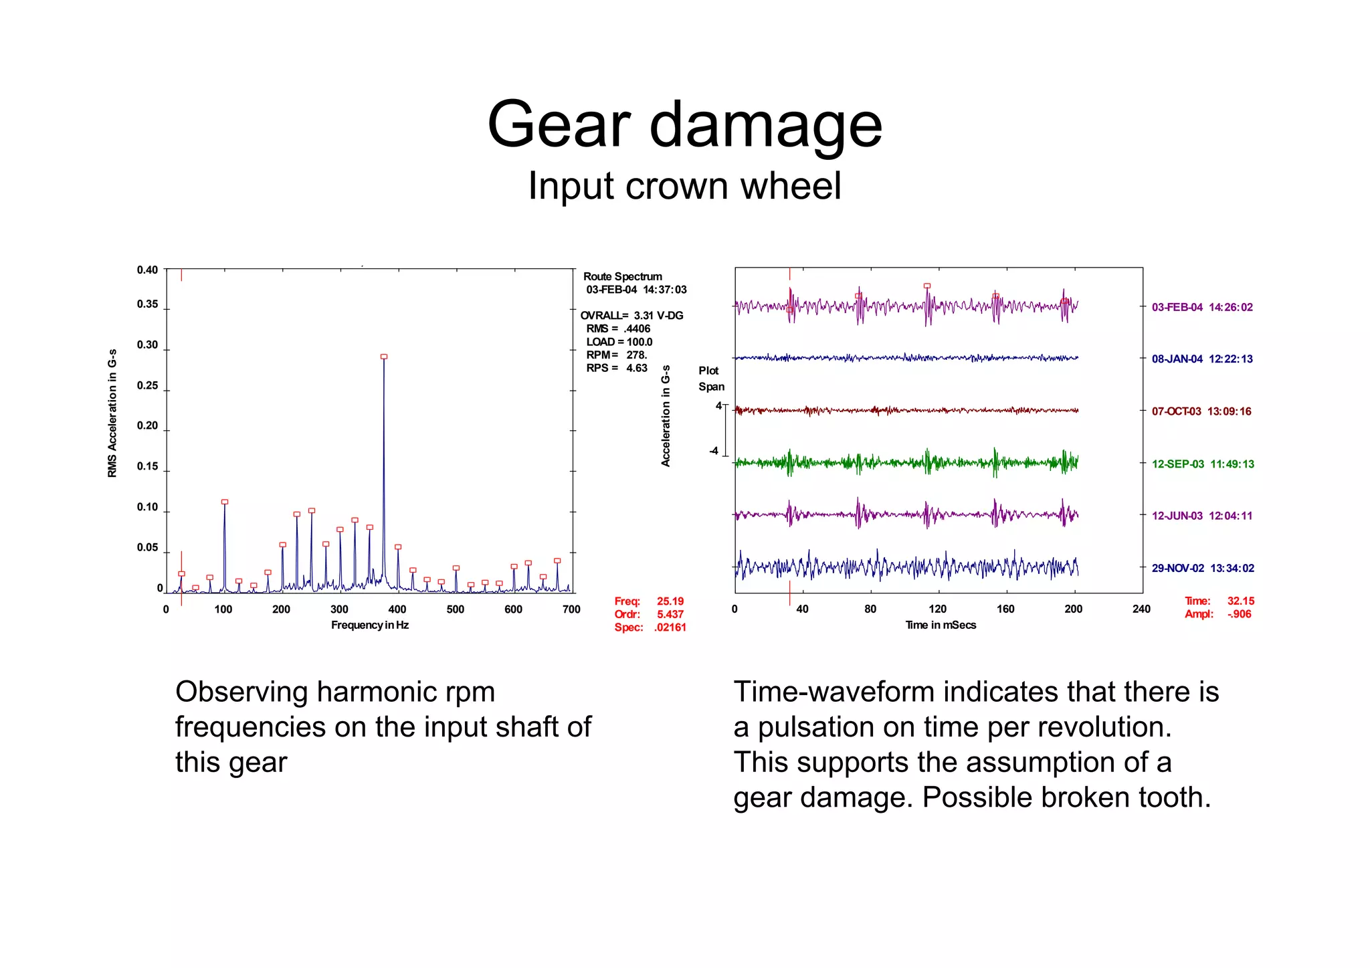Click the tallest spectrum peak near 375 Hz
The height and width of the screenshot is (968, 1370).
point(384,358)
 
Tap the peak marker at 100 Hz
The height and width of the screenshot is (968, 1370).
point(225,502)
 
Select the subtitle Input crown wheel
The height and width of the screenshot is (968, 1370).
point(684,186)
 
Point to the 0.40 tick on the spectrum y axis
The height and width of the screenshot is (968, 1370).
point(147,270)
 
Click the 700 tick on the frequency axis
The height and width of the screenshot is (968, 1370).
point(571,609)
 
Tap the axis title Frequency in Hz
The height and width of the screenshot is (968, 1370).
point(369,625)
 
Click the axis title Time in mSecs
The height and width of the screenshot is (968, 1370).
point(940,625)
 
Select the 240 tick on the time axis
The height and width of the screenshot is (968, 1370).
point(1141,609)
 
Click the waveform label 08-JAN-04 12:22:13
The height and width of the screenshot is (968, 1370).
point(1201,359)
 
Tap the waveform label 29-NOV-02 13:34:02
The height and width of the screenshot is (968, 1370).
point(1202,569)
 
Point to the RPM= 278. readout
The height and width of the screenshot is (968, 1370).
point(616,355)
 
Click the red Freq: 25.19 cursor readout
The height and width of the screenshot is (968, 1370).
point(648,601)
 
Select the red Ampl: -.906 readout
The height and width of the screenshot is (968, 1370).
point(1217,614)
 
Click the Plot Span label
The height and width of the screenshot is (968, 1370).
point(711,379)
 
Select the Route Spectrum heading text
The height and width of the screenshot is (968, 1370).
point(622,277)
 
